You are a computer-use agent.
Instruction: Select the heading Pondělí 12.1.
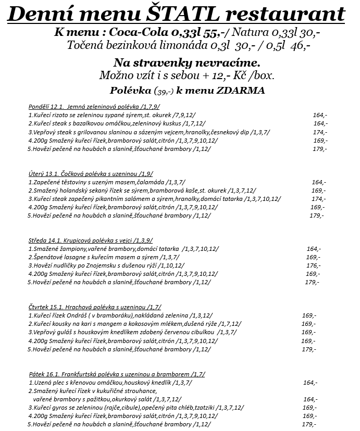click(46, 107)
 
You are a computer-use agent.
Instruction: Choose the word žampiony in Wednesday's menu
click(67, 249)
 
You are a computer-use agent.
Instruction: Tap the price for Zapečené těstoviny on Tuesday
click(318, 182)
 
